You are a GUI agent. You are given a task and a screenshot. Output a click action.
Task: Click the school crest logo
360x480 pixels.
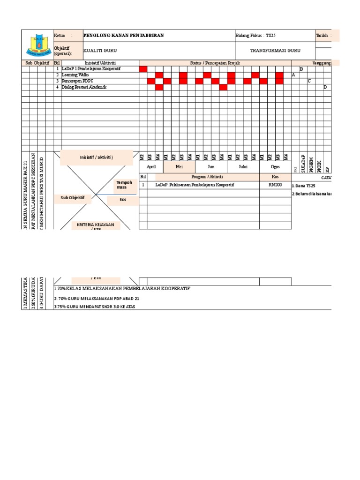(x=38, y=45)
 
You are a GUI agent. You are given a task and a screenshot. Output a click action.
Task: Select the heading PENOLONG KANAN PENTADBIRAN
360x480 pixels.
(x=123, y=36)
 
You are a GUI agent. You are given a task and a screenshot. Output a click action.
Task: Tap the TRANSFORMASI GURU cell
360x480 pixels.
(x=275, y=51)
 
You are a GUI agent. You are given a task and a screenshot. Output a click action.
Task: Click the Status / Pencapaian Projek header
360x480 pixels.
(x=215, y=63)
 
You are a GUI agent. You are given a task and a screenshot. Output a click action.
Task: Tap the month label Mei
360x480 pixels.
(x=179, y=167)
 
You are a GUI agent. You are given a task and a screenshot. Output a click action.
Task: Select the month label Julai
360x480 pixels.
(x=243, y=167)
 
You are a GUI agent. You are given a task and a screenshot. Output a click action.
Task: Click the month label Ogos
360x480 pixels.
(x=275, y=167)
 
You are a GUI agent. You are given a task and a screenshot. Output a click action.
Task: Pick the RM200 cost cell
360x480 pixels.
(x=275, y=185)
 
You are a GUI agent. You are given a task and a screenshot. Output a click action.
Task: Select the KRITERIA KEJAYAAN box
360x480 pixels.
(x=96, y=226)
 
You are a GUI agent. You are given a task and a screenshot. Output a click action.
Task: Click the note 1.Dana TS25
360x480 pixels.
(x=304, y=186)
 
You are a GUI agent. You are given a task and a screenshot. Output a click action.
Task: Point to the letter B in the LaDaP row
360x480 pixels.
(x=301, y=69)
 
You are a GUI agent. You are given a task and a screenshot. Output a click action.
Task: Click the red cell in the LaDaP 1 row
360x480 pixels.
(x=143, y=69)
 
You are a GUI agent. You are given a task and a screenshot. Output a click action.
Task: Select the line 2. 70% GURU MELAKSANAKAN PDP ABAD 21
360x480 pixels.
(x=97, y=298)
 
